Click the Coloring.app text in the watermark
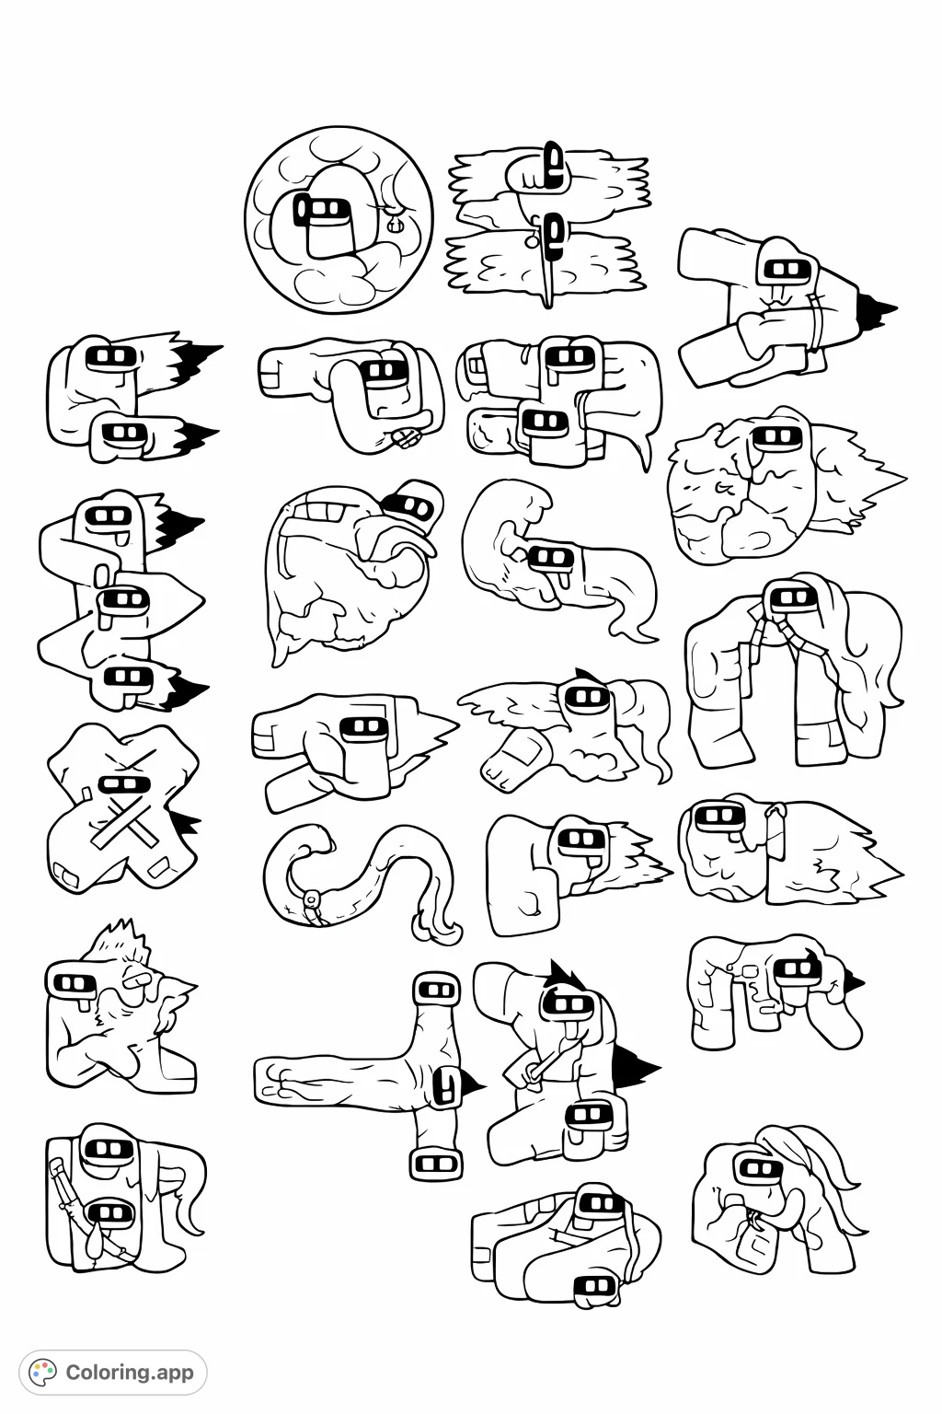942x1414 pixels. pos(130,1372)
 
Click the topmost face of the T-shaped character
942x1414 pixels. pos(436,991)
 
